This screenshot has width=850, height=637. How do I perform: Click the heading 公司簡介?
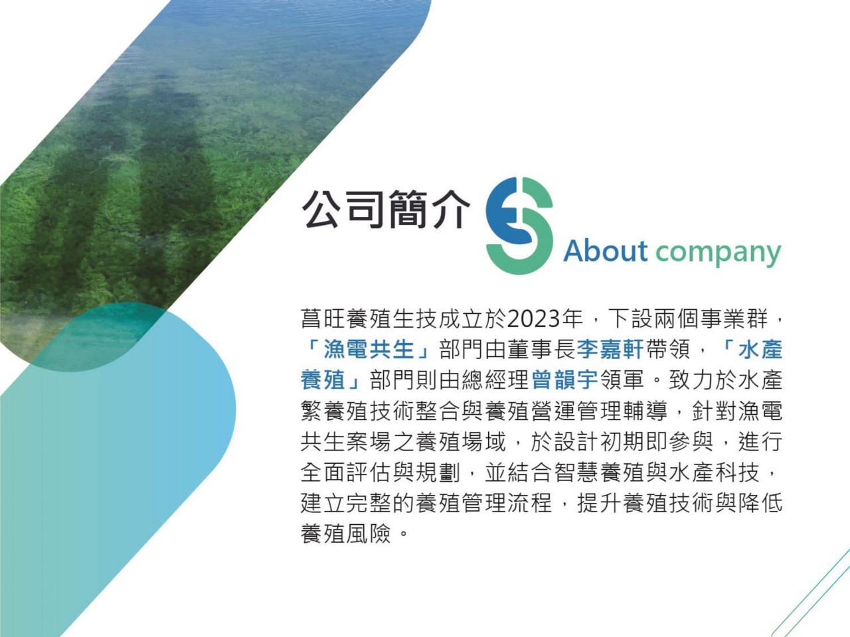pyautogui.click(x=385, y=209)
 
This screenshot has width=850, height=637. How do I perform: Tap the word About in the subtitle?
pyautogui.click(x=605, y=251)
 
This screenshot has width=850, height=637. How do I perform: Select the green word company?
pyautogui.click(x=719, y=253)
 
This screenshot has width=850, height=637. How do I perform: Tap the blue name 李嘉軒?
pyautogui.click(x=610, y=349)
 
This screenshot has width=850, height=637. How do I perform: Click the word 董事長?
pyautogui.click(x=542, y=349)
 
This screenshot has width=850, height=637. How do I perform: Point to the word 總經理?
pyautogui.click(x=497, y=380)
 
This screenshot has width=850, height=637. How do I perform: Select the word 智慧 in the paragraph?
pyautogui.click(x=576, y=472)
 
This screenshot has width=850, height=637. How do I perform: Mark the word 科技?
pyautogui.click(x=736, y=472)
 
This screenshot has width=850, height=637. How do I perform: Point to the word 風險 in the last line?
pyautogui.click(x=369, y=533)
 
